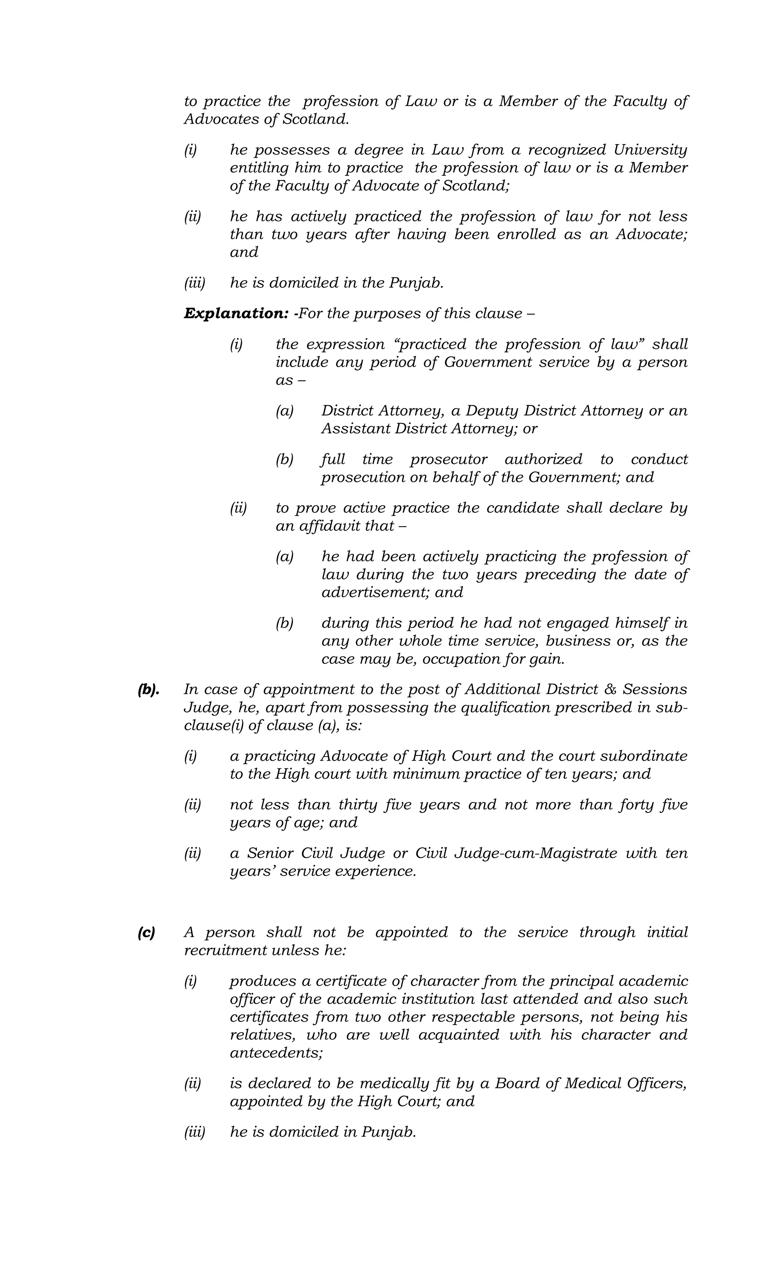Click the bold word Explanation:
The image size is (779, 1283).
(x=236, y=313)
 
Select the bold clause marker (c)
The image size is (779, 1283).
(x=146, y=933)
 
